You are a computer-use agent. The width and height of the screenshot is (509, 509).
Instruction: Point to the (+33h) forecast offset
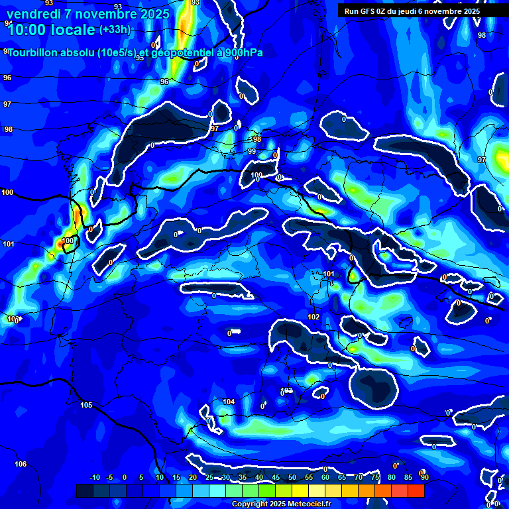(x=115, y=30)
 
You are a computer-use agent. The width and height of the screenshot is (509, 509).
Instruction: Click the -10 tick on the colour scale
(x=94, y=477)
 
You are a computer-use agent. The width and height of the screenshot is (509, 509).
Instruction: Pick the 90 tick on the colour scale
(x=424, y=477)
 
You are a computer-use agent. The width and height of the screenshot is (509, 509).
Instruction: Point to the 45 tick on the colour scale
(x=275, y=477)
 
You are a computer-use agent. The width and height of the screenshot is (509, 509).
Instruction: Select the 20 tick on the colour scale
(x=192, y=477)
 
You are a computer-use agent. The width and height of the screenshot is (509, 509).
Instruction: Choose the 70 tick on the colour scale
(x=358, y=477)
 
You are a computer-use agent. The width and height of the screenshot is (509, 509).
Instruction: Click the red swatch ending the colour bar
(x=416, y=490)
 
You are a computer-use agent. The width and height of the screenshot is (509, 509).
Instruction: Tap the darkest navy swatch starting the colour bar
(x=84, y=490)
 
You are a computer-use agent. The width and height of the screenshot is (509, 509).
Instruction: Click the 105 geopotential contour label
(x=86, y=405)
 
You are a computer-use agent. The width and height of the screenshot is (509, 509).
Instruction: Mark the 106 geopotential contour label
(x=21, y=464)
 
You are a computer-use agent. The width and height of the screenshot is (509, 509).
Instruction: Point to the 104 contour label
(x=229, y=402)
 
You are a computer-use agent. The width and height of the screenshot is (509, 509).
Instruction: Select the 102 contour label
(x=313, y=317)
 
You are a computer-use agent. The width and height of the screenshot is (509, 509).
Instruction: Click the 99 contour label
(x=252, y=152)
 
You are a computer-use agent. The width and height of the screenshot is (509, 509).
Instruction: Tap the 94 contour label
(x=8, y=23)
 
